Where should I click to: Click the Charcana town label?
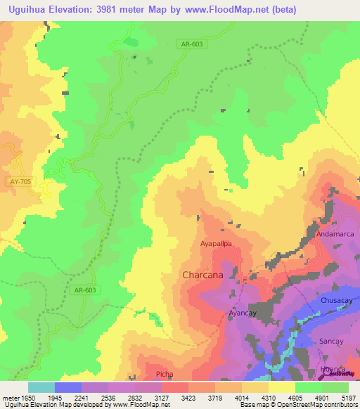(202, 275)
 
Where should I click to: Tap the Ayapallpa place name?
(216, 244)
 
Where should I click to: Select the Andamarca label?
(335, 233)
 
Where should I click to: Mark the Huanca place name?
(333, 369)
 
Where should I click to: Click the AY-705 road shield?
(20, 181)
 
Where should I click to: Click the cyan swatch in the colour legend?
(41, 387)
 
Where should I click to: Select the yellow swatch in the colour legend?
(281, 387)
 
